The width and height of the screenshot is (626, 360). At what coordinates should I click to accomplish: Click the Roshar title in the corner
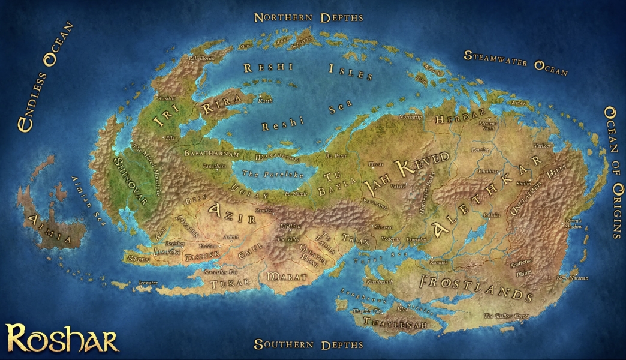pos(62,338)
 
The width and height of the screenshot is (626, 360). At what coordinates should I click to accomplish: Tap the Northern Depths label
pos(308,17)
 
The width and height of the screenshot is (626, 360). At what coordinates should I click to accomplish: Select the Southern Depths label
pos(308,344)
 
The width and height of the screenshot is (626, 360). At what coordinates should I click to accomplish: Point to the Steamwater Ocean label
pos(516,62)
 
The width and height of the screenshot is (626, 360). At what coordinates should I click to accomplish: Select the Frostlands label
pos(477,286)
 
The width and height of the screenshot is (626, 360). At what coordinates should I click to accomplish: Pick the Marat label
pos(286,278)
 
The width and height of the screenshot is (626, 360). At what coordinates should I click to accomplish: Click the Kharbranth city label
pos(379,281)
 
